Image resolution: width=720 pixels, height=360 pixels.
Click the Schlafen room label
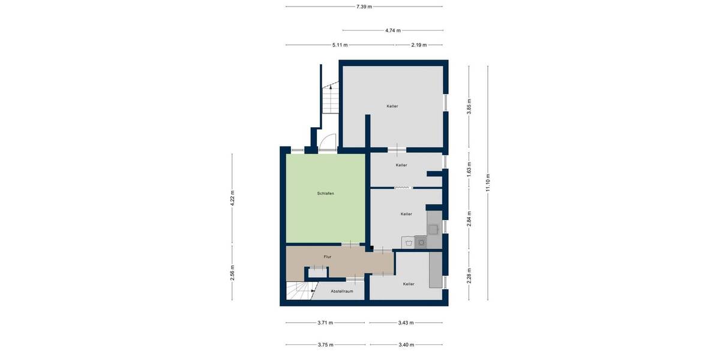(326, 194)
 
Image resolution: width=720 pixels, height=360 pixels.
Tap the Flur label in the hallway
(328, 257)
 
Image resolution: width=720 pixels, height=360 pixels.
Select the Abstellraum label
(341, 291)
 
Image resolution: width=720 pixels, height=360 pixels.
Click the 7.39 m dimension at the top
(364, 7)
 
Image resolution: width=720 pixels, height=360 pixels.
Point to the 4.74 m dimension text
(393, 30)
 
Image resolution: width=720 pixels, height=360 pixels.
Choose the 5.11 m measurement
(340, 45)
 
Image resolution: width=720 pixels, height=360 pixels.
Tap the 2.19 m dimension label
(419, 45)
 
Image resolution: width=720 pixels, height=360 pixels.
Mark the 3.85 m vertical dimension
(470, 106)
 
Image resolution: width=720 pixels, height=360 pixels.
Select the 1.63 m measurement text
(470, 169)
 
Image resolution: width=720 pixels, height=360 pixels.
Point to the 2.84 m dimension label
(470, 218)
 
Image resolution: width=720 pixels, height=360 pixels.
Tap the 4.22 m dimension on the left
(233, 199)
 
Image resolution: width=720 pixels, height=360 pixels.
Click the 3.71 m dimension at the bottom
(325, 323)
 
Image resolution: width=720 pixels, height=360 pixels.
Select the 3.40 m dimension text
(406, 345)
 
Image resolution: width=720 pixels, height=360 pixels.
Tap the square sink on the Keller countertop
(433, 228)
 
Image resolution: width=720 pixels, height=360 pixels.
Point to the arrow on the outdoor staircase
(329, 87)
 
